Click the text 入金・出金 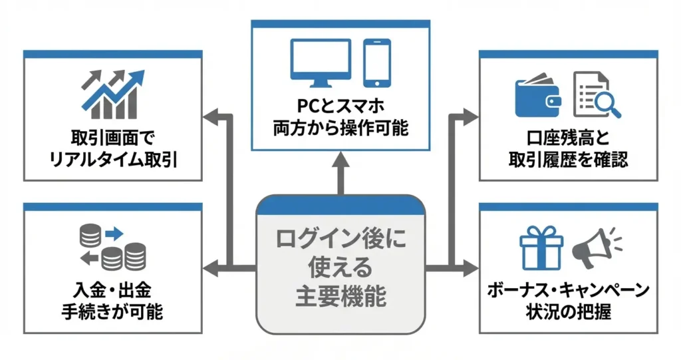[113, 290]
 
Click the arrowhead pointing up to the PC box [340, 160]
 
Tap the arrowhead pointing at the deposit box [211, 270]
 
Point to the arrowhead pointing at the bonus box [471, 269]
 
